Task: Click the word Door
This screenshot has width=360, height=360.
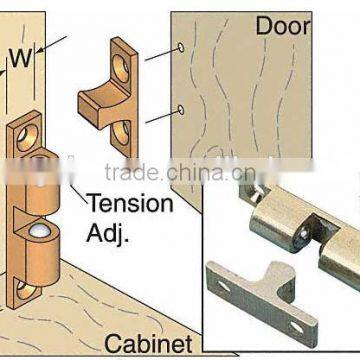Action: (x=283, y=26)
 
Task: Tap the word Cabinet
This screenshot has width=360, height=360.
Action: (x=148, y=344)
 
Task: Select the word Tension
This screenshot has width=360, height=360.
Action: (x=131, y=204)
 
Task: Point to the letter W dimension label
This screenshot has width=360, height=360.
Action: (x=21, y=59)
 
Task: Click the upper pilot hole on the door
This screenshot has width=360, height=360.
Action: (x=181, y=47)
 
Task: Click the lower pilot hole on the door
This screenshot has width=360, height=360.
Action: (x=181, y=110)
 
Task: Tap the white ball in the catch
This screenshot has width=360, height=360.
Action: (x=40, y=230)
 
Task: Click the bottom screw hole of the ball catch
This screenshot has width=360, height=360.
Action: (x=25, y=289)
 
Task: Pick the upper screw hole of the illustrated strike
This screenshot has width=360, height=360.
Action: (x=121, y=68)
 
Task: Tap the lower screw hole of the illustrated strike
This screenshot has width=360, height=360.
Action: (x=122, y=133)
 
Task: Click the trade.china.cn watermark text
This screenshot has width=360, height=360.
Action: (x=180, y=173)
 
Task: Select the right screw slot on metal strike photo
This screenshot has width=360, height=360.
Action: (x=297, y=327)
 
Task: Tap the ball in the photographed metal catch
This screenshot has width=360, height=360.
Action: (x=303, y=234)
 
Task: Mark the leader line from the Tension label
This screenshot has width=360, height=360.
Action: (x=79, y=194)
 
